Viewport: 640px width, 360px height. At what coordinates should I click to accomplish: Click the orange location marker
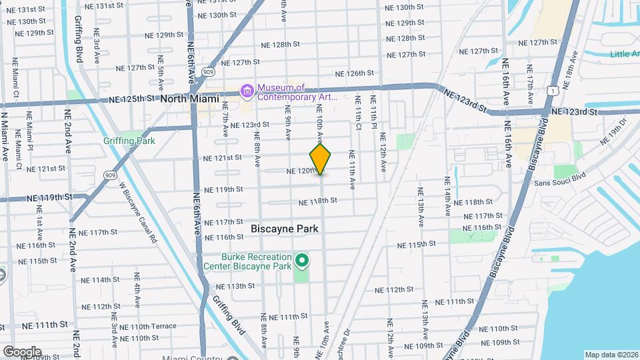tap(321, 159)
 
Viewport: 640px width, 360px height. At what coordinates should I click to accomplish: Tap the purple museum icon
tap(247, 90)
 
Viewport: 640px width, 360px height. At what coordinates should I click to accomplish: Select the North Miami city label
tap(189, 99)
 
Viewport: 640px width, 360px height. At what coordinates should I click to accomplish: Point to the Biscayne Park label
tap(285, 228)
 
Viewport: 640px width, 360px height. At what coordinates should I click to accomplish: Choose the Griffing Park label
tap(129, 141)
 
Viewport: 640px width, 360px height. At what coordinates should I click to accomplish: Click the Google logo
tap(21, 352)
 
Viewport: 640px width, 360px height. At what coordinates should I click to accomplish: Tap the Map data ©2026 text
tap(611, 355)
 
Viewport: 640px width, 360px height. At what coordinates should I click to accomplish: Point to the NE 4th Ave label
tap(137, 292)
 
